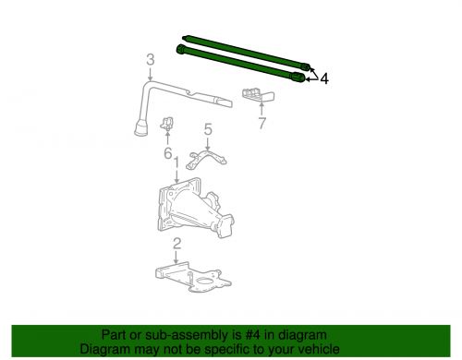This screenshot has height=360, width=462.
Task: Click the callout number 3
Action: pos(149,61)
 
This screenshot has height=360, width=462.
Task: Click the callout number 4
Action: pos(324,79)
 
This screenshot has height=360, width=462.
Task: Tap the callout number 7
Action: pos(261,122)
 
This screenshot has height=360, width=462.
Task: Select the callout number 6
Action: pos(167,153)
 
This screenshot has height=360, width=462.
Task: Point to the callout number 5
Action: pos(208,130)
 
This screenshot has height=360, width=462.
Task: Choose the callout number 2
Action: pos(176,243)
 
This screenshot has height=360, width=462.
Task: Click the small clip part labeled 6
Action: pos(170,124)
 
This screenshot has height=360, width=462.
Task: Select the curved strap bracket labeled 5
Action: pos(209,159)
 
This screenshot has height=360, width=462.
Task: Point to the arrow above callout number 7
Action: pos(261,109)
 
